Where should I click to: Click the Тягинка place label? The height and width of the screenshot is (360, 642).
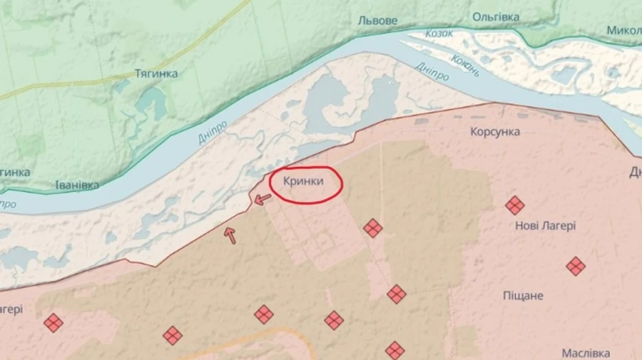pyautogui.click(x=156, y=73)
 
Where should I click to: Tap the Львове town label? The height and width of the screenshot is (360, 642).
pyautogui.click(x=377, y=21)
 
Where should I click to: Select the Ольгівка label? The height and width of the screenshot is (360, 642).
pyautogui.click(x=495, y=16)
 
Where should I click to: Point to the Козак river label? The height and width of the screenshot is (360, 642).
pyautogui.click(x=439, y=34)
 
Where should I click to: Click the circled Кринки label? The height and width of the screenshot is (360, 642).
pyautogui.click(x=303, y=181)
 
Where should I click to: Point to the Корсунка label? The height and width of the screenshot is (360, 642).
pyautogui.click(x=495, y=132)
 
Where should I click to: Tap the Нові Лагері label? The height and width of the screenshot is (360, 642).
pyautogui.click(x=545, y=225)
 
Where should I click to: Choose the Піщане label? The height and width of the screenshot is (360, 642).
pyautogui.click(x=524, y=295)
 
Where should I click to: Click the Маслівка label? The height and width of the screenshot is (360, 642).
pyautogui.click(x=585, y=353)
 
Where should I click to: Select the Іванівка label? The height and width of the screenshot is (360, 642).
pyautogui.click(x=77, y=185)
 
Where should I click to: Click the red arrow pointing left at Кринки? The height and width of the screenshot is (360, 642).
pyautogui.click(x=263, y=199)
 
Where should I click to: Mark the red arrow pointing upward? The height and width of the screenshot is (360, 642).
pyautogui.click(x=230, y=235)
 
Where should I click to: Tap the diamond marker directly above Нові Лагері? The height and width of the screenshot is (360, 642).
pyautogui.click(x=514, y=205)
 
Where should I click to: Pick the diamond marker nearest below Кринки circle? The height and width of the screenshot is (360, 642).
pyautogui.click(x=372, y=228)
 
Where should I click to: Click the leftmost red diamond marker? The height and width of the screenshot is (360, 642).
pyautogui.click(x=53, y=322)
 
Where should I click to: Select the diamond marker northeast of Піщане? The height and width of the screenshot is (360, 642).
pyautogui.click(x=576, y=266)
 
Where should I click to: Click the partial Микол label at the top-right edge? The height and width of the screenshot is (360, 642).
pyautogui.click(x=623, y=31)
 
